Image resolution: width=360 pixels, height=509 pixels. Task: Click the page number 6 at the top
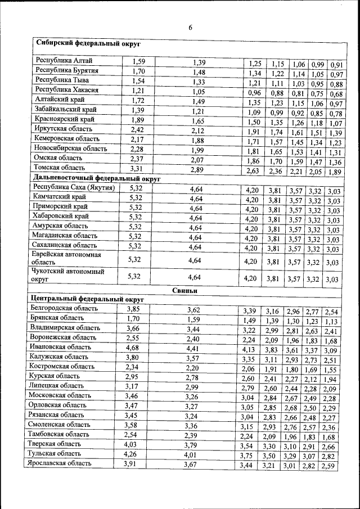pos(190,28)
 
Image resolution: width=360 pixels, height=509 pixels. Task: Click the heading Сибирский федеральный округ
pos(88,43)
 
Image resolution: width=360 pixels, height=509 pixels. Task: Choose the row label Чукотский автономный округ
pos(67,274)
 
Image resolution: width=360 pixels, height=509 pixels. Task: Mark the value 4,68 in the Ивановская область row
pos(132,348)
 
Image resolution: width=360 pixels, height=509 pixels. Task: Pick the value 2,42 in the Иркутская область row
pos(138,130)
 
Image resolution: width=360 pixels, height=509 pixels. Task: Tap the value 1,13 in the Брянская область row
pos(331,322)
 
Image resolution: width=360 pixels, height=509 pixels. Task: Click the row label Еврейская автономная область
pos(67,258)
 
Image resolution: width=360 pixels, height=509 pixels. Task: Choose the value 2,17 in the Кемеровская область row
pos(138,139)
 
